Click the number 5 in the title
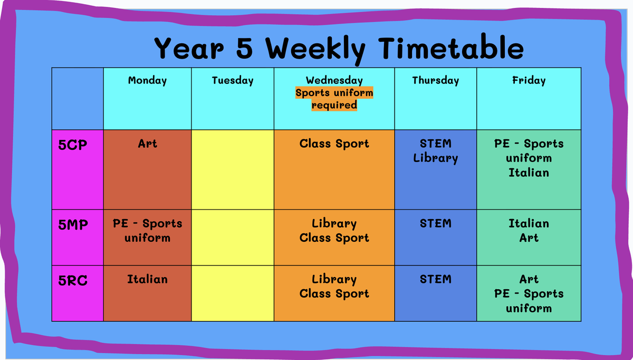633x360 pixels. [244, 48]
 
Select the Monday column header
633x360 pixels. [147, 81]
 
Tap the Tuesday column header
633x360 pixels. [233, 81]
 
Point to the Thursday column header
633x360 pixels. [436, 81]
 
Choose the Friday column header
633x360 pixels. [529, 80]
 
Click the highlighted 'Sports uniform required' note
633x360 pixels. [334, 99]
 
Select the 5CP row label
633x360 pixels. [73, 145]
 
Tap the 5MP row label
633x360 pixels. [73, 225]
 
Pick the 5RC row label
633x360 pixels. [73, 280]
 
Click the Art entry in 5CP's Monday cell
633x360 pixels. [147, 144]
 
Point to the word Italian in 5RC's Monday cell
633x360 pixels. [147, 279]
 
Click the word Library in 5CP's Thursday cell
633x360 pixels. [436, 158]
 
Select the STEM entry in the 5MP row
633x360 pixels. [436, 224]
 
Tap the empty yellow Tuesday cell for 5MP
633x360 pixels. [233, 238]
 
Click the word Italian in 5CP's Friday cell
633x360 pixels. [529, 173]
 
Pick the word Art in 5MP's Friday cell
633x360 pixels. [529, 238]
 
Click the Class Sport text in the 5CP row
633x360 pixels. [334, 144]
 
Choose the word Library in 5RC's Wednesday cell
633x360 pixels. [334, 280]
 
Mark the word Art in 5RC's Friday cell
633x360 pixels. [529, 279]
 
